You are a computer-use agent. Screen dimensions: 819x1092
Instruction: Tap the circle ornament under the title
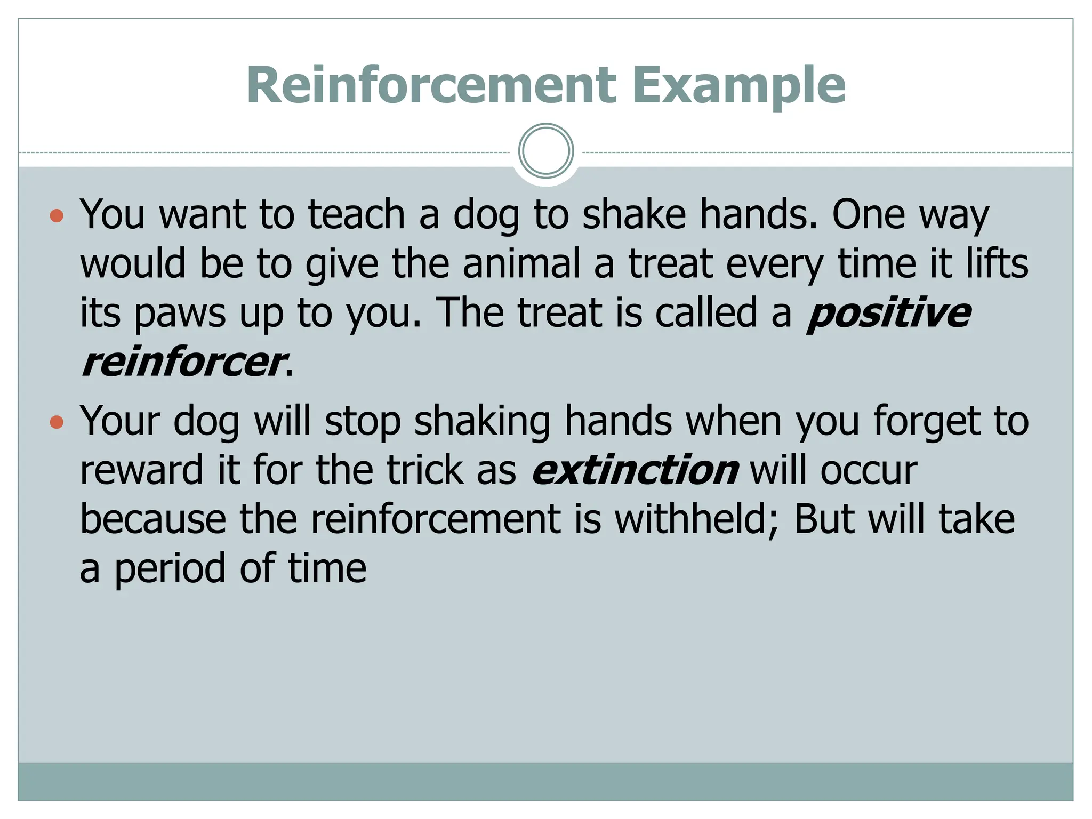546,151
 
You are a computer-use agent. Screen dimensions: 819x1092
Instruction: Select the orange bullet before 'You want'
57,216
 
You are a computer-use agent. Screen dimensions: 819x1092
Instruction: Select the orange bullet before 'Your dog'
57,423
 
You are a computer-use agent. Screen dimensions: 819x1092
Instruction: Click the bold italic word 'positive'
888,314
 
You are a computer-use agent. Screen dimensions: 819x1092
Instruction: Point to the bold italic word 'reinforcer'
182,363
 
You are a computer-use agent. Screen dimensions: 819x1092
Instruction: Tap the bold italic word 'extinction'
635,470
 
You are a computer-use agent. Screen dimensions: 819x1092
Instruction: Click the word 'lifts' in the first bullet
997,264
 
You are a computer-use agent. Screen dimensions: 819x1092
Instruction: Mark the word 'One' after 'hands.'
869,214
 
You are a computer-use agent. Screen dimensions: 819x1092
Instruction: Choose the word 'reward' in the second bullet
142,470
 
